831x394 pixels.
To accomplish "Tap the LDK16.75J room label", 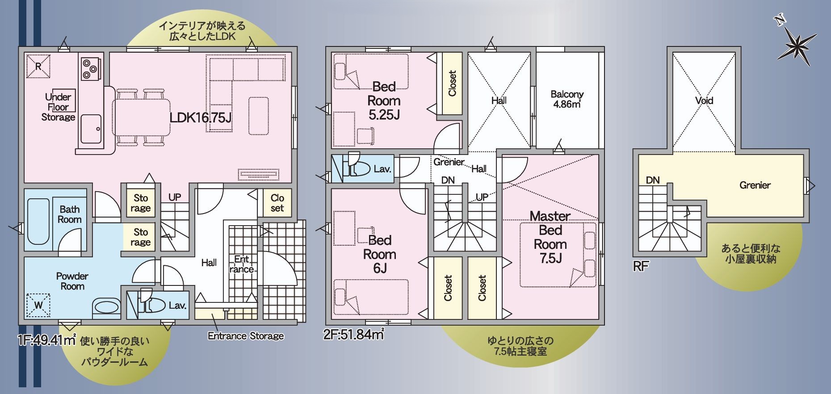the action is click(x=200, y=117).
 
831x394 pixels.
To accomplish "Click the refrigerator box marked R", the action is click(x=38, y=67).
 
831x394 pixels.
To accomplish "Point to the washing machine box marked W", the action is click(x=38, y=306).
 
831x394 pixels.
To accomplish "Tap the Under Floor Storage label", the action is click(x=58, y=107).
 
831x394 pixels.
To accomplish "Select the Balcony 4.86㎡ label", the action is click(x=567, y=99).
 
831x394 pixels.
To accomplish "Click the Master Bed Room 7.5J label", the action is click(x=550, y=237).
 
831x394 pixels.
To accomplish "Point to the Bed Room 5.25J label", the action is click(x=384, y=101).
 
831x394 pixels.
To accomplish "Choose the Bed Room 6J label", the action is click(x=380, y=254).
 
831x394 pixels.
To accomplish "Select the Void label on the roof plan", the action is click(x=704, y=101).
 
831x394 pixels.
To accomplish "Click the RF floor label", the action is click(x=641, y=267).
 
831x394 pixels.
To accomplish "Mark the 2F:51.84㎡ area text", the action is click(x=353, y=334).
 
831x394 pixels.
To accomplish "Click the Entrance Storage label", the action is click(x=246, y=336).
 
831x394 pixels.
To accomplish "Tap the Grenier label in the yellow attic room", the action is click(x=755, y=185).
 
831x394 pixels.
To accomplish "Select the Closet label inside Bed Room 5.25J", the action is click(x=452, y=84).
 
